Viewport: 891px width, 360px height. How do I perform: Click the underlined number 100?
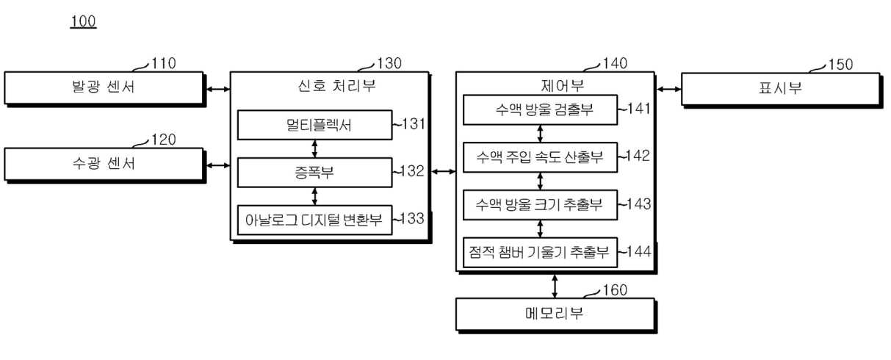click(83, 21)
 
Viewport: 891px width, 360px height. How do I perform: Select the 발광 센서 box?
click(105, 89)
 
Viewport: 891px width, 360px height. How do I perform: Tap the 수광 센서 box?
click(105, 165)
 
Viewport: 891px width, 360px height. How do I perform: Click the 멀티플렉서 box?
click(314, 125)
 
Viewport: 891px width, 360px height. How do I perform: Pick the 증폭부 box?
click(314, 172)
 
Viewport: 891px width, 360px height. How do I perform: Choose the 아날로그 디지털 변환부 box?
click(314, 220)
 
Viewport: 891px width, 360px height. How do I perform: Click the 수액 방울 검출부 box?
click(540, 109)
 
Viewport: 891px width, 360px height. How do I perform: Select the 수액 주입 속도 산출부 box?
click(540, 157)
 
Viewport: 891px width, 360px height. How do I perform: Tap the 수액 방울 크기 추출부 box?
click(540, 204)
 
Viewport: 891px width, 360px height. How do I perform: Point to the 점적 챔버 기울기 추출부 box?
click(540, 252)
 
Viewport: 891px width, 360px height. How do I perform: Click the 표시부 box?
click(782, 90)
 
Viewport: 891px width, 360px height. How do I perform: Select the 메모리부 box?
click(556, 315)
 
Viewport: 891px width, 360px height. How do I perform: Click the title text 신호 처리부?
click(336, 86)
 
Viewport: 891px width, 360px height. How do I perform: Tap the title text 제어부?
click(562, 85)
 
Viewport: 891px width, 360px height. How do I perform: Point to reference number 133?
click(412, 218)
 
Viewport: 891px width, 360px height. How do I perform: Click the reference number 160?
click(615, 290)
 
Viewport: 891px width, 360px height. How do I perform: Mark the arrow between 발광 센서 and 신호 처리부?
click(218, 89)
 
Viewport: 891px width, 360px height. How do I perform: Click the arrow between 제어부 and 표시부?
click(669, 89)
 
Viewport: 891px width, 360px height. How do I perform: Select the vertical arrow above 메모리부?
click(555, 286)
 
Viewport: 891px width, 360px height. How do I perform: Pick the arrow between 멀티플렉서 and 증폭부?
click(314, 148)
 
